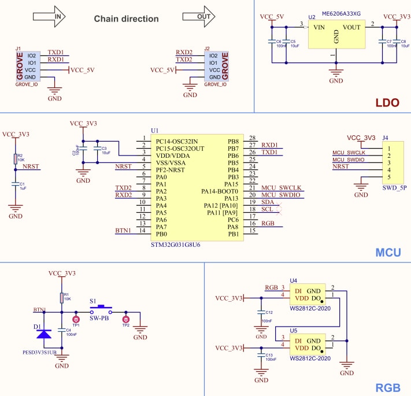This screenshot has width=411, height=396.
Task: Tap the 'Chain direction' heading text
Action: [126, 19]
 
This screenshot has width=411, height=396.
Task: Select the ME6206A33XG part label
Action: [340, 13]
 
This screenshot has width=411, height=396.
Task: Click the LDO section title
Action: [387, 103]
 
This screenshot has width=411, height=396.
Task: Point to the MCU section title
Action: [388, 253]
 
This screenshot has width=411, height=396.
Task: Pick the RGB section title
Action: [388, 387]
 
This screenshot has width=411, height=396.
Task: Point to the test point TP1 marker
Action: [75, 319]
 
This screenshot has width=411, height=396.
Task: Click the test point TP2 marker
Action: [125, 319]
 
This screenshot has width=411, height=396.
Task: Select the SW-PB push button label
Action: [100, 319]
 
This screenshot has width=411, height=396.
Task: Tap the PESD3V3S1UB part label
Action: [39, 351]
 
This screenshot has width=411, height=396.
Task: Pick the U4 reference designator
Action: [293, 280]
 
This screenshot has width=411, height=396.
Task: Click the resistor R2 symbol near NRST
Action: [16, 158]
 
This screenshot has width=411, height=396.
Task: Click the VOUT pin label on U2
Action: [351, 27]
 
